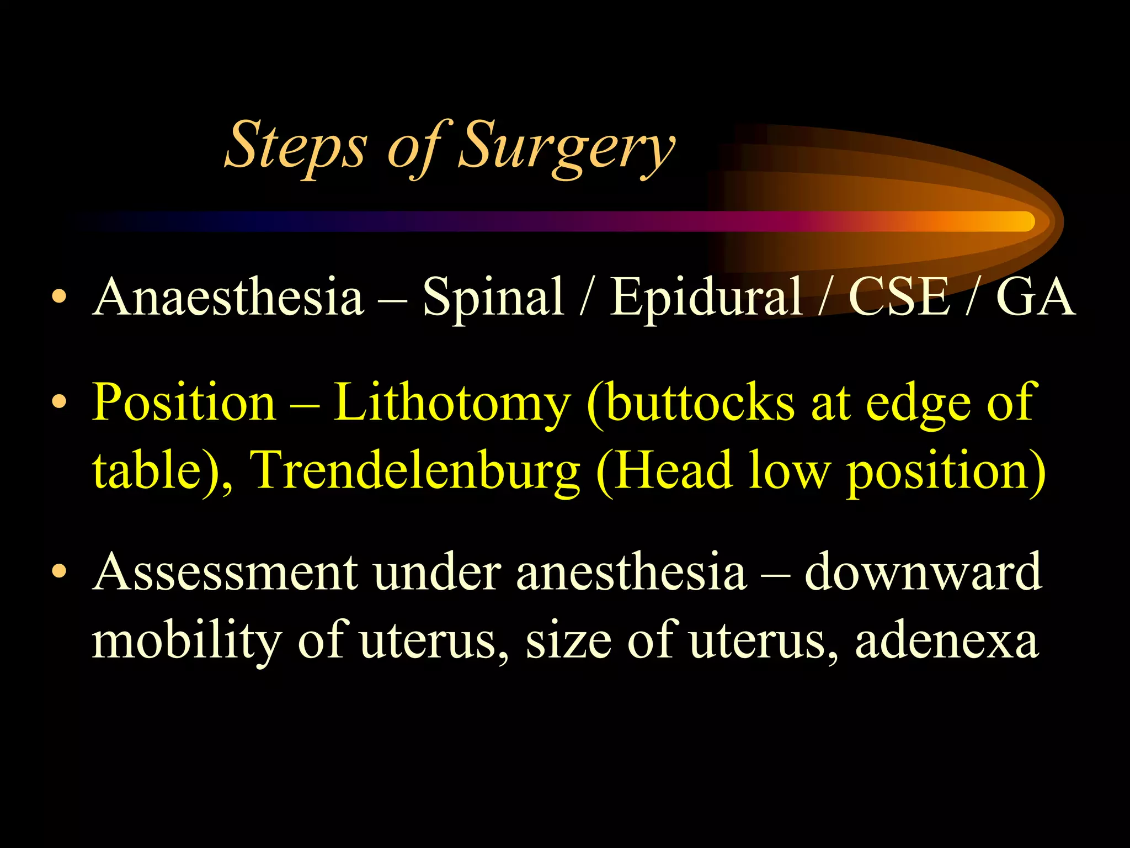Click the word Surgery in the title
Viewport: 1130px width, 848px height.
pyautogui.click(x=566, y=146)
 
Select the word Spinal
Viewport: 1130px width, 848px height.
pyautogui.click(x=493, y=298)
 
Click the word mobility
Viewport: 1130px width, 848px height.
pyautogui.click(x=186, y=642)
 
